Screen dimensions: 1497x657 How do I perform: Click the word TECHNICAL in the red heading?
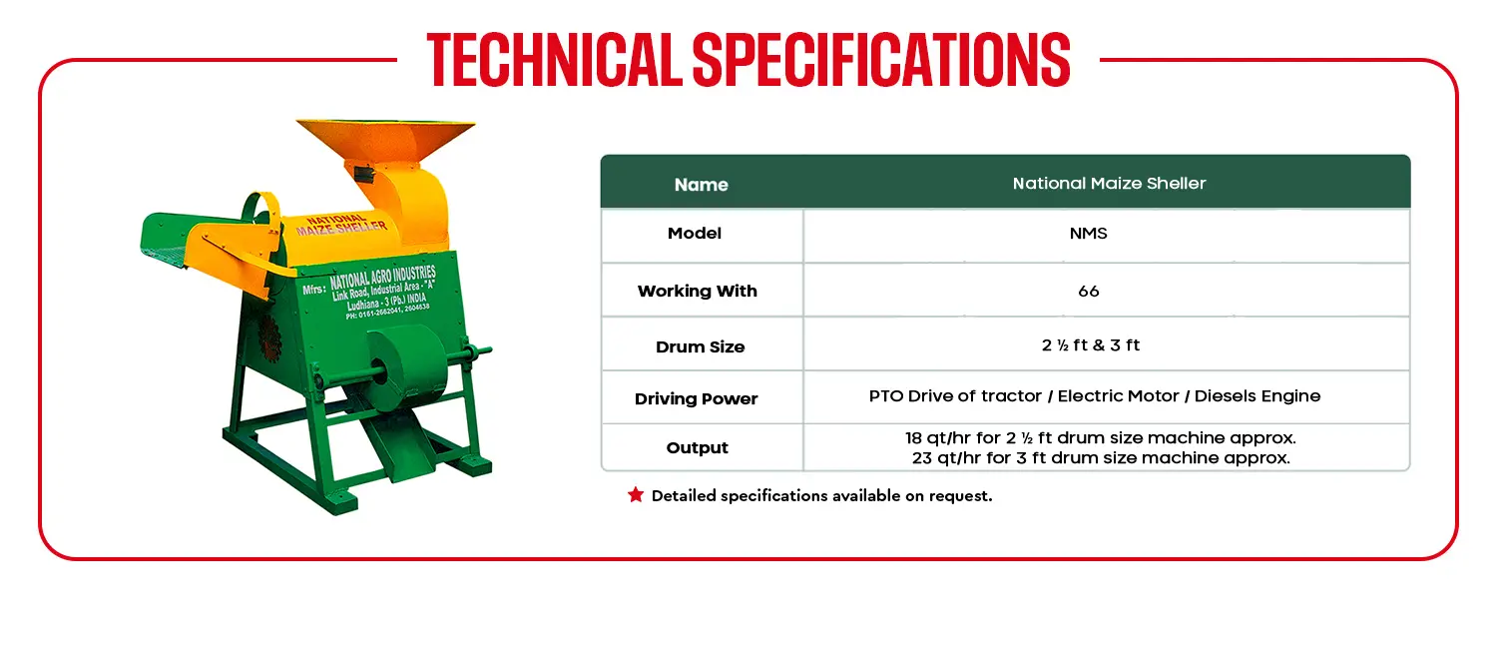(x=554, y=60)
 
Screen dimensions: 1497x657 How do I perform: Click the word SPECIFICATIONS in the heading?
(x=881, y=60)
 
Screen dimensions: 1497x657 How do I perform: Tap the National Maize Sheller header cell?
(x=1109, y=183)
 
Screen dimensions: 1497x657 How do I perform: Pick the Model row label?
(x=695, y=234)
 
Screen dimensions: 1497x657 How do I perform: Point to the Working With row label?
(x=697, y=291)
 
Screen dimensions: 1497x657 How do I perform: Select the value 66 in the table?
(x=1088, y=291)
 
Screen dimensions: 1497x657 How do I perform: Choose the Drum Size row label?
(x=700, y=346)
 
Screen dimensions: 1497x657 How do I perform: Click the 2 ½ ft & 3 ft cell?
(x=1090, y=344)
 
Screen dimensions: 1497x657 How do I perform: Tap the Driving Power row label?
(x=696, y=399)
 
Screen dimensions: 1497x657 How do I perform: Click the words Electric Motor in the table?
(x=1118, y=395)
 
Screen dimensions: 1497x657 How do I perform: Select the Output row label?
(x=697, y=447)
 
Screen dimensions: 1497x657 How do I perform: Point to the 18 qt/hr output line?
(x=1100, y=437)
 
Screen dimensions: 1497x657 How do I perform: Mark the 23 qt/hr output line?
(x=1101, y=458)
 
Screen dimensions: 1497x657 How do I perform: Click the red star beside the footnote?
(x=636, y=494)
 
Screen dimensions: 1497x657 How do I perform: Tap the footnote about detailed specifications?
(x=821, y=496)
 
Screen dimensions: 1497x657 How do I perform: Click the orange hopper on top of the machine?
(x=385, y=143)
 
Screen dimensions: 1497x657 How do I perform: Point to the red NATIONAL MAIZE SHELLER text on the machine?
(x=341, y=225)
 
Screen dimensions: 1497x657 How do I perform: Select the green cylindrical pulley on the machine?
(x=404, y=367)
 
